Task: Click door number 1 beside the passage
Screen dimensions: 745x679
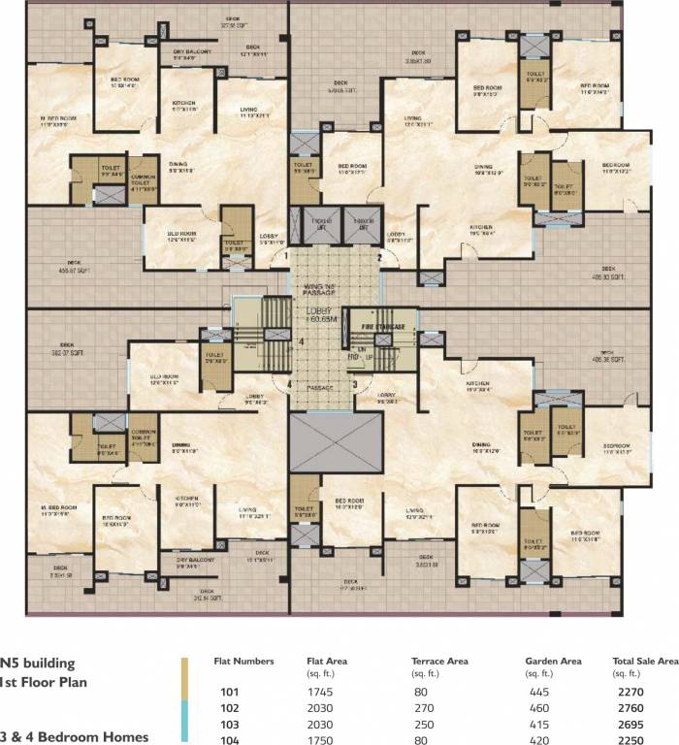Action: [286, 256]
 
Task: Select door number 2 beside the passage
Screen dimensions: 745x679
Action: [380, 258]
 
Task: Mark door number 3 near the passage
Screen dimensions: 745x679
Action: [355, 384]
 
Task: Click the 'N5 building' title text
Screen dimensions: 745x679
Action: [38, 664]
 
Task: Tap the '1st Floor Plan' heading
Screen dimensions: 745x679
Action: [43, 682]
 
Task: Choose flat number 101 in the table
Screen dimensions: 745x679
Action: [231, 694]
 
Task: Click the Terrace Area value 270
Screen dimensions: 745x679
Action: [421, 708]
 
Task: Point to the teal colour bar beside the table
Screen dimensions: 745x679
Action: [183, 723]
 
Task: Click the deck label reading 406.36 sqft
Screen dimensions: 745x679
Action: [607, 356]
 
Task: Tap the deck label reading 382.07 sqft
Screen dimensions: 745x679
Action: [67, 347]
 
